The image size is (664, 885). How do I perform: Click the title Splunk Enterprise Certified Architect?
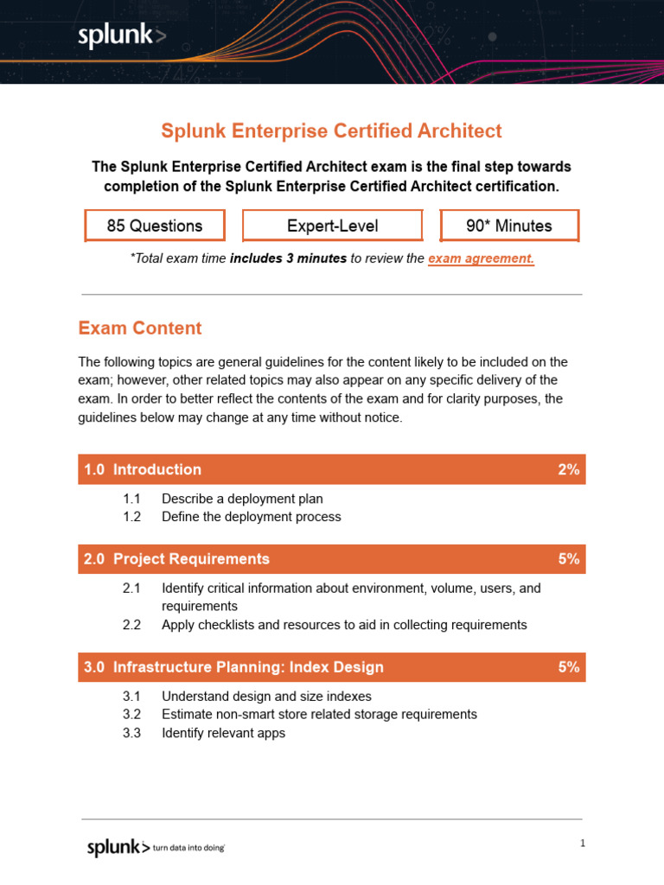click(x=331, y=131)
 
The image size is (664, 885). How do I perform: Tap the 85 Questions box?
click(x=155, y=226)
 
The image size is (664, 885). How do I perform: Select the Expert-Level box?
click(x=332, y=226)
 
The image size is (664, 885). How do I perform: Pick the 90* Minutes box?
click(x=508, y=226)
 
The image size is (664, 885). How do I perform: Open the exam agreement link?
click(x=481, y=258)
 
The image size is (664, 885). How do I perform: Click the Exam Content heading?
click(x=139, y=328)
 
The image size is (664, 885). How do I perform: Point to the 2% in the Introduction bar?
click(x=568, y=469)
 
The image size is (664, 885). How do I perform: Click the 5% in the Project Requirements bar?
click(x=568, y=559)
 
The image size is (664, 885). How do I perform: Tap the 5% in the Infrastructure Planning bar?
click(x=568, y=667)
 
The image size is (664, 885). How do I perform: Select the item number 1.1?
click(x=131, y=499)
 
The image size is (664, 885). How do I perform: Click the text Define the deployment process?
click(x=251, y=517)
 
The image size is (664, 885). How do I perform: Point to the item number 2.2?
click(x=131, y=625)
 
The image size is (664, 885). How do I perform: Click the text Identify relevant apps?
click(x=223, y=733)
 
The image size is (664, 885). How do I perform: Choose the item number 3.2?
click(x=131, y=715)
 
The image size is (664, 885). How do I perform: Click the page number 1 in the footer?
click(x=583, y=844)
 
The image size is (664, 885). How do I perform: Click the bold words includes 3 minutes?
click(x=288, y=258)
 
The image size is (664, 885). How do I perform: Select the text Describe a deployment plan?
click(x=242, y=499)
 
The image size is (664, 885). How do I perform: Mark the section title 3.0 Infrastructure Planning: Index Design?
click(x=233, y=667)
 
